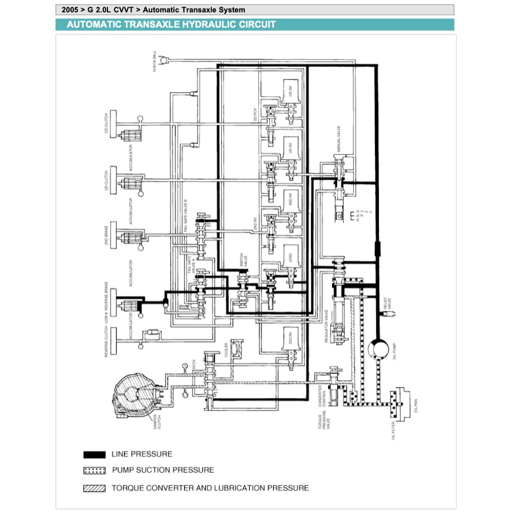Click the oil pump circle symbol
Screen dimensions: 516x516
pos(376,348)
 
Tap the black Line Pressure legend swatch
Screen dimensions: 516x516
pos(94,455)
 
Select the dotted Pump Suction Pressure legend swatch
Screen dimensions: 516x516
pos(94,471)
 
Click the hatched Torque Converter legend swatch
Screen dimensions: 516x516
pos(94,488)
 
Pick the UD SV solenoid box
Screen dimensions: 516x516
pos(291,148)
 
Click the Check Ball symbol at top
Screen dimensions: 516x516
pos(162,60)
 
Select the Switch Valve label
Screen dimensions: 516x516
pos(241,262)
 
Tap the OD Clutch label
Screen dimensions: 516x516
pos(106,123)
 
